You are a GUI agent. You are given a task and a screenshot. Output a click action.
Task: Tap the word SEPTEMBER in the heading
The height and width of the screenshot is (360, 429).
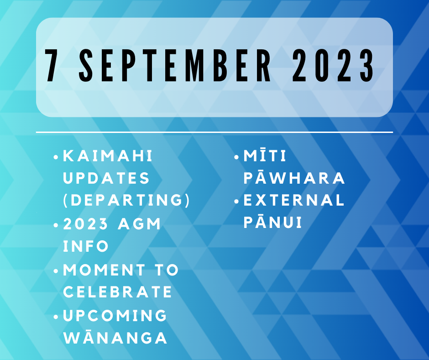coord(175,65)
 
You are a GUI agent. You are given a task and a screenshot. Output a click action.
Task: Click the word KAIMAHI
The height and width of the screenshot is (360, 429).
coord(108,156)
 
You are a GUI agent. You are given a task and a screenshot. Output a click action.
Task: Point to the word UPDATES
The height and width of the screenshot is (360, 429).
coord(106,178)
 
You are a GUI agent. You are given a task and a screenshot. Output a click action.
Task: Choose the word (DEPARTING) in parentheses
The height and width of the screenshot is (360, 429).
coord(126,200)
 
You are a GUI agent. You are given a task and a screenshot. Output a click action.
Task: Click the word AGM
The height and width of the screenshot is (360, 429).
coord(139,224)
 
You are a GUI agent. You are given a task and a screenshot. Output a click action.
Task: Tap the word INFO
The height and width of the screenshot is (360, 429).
coord(86,246)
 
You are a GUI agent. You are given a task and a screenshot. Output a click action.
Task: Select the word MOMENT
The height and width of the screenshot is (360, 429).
coord(104,270)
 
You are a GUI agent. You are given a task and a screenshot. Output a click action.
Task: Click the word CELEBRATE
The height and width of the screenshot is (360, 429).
coord(118,292)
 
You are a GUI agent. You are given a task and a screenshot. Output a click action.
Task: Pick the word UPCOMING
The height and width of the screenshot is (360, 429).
coord(115,315)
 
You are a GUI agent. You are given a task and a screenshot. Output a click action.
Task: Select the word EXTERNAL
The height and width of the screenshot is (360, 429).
coord(294,200)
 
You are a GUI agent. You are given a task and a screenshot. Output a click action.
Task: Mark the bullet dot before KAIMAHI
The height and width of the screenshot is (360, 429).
coord(56,157)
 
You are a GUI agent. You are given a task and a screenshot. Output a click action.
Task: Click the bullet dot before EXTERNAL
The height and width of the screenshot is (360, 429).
coord(237,201)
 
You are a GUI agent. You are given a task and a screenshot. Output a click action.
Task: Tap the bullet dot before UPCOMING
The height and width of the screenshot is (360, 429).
coord(56,317)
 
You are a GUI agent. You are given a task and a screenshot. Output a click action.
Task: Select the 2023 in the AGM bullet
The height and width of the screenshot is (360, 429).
coord(85,224)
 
